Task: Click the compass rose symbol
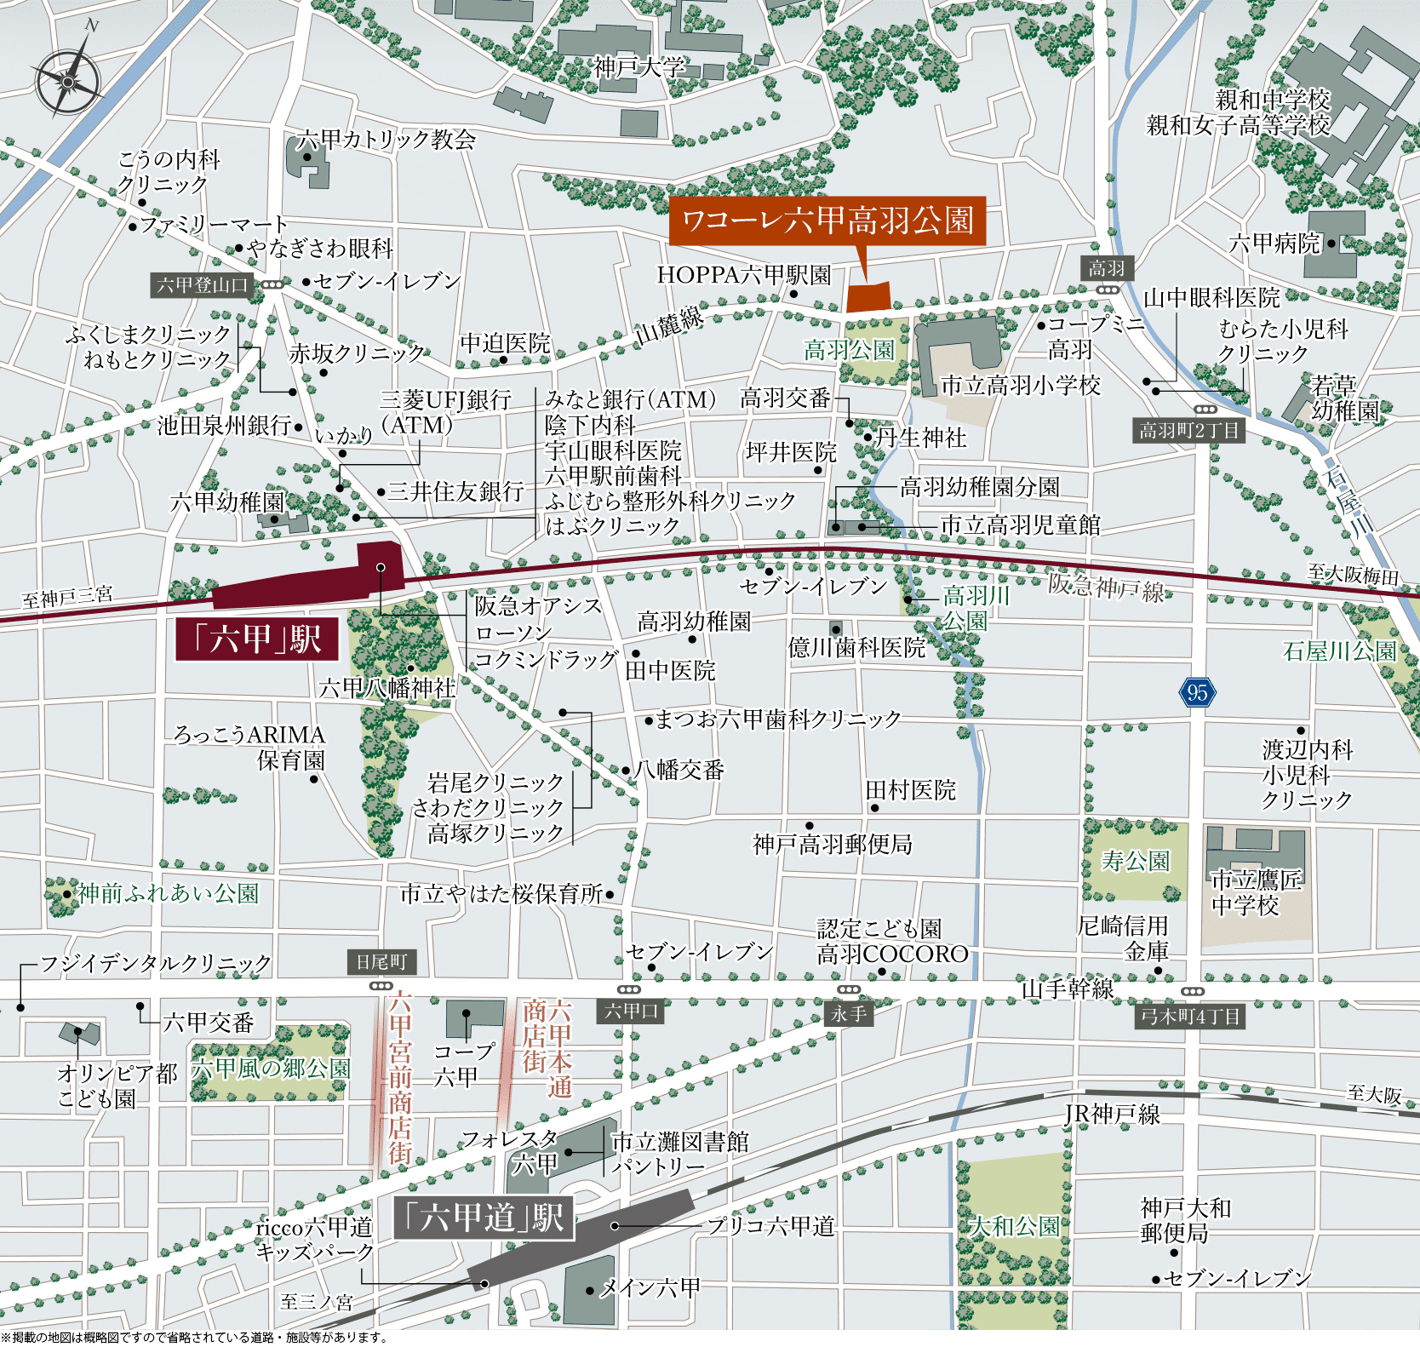click(68, 81)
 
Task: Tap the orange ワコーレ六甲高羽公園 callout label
click(827, 221)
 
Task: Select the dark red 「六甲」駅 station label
click(257, 639)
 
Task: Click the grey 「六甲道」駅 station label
click(484, 1218)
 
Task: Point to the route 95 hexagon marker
click(1197, 692)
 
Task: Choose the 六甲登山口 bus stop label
click(202, 285)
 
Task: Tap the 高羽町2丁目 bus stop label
click(1189, 431)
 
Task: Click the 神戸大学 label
click(639, 67)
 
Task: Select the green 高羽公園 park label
click(850, 350)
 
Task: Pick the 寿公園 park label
click(1136, 862)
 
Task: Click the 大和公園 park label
click(1015, 1227)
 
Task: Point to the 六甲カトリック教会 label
click(386, 140)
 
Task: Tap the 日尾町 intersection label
click(381, 962)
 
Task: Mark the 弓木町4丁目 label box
click(1190, 1016)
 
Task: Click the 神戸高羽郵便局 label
click(833, 845)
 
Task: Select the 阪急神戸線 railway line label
click(1105, 587)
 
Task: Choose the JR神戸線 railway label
click(1112, 1115)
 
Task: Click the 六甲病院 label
click(1274, 244)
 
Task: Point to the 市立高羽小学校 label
click(1021, 386)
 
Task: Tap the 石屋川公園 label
click(1339, 651)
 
